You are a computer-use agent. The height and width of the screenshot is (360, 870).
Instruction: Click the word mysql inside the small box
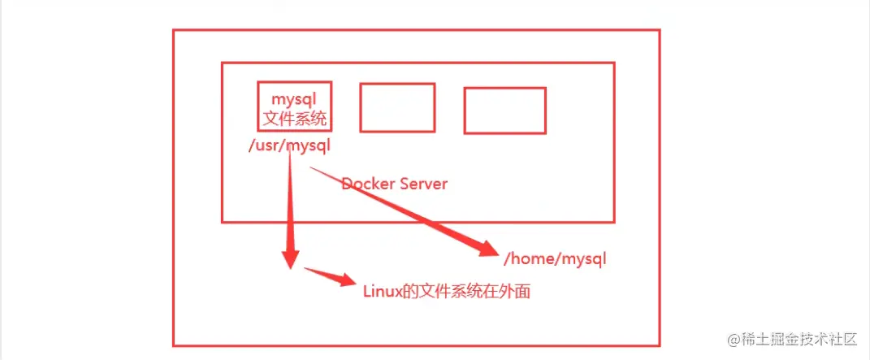point(294,101)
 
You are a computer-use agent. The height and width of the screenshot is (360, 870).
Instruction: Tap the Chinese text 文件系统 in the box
point(294,119)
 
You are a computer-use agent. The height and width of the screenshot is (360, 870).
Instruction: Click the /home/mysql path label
point(556,260)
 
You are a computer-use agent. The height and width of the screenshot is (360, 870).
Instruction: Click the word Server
point(420,184)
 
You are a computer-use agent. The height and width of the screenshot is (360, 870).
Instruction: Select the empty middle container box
point(397,107)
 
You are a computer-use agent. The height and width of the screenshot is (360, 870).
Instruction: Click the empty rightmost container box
point(504,111)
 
